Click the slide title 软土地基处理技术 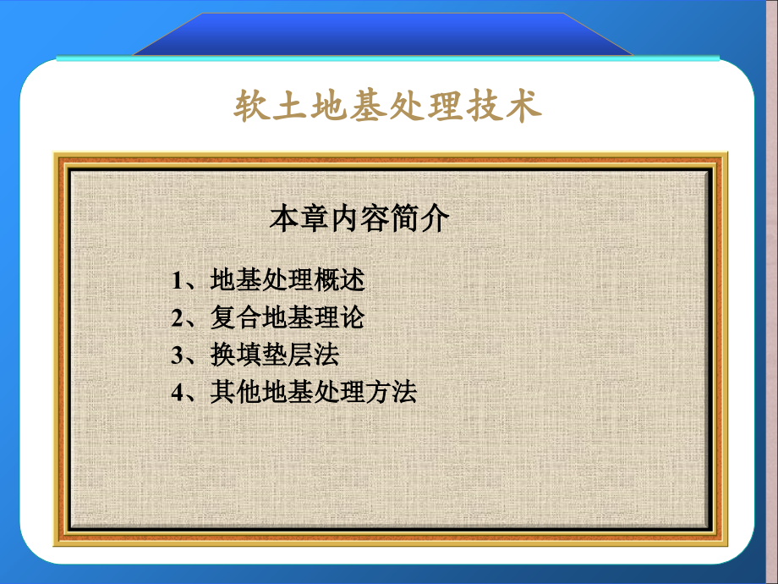tap(387, 107)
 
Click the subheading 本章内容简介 tap(359, 219)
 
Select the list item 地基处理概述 tap(288, 280)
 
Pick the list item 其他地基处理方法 tap(313, 392)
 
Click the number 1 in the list tap(178, 281)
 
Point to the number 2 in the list tap(178, 318)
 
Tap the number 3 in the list tap(178, 355)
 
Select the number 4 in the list tap(178, 393)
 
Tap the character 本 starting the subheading tap(283, 219)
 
